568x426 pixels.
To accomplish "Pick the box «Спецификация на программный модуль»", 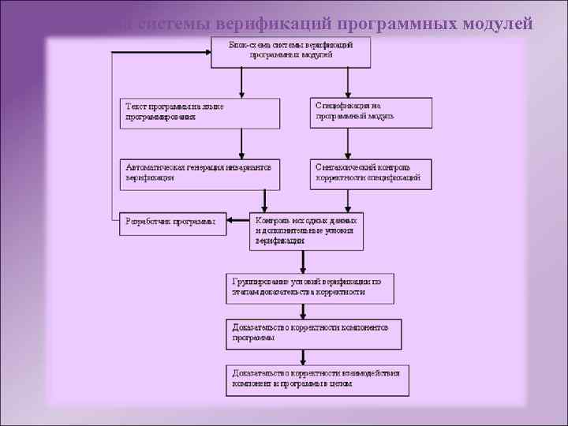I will pos(371,112).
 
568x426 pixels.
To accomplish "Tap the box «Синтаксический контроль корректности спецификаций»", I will pos(371,174).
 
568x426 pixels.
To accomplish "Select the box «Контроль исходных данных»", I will pos(307,230).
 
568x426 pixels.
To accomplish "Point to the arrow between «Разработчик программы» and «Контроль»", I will pos(237,223).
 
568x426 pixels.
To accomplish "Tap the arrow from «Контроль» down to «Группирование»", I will pos(302,261).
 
